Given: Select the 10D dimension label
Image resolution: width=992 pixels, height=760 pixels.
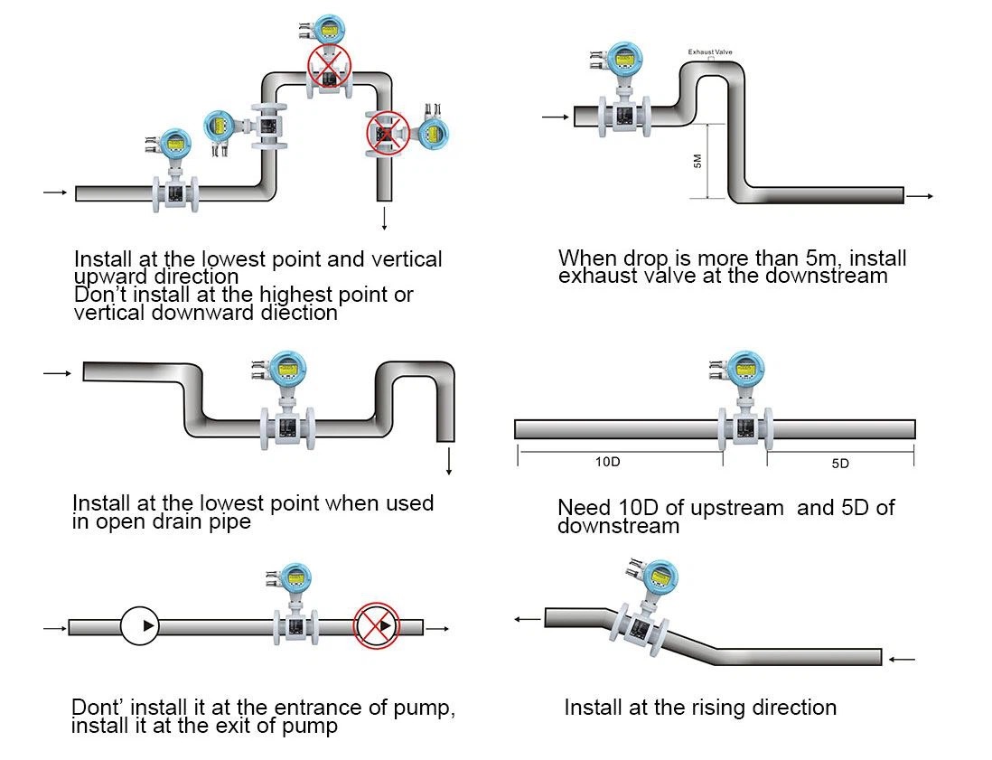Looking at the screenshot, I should pyautogui.click(x=607, y=462).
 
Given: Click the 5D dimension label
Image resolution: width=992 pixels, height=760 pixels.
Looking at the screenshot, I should pyautogui.click(x=840, y=464).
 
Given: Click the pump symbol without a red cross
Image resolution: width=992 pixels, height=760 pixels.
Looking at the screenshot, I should pyautogui.click(x=139, y=625).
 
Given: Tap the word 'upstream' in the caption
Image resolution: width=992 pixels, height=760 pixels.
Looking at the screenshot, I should pyautogui.click(x=736, y=508).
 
